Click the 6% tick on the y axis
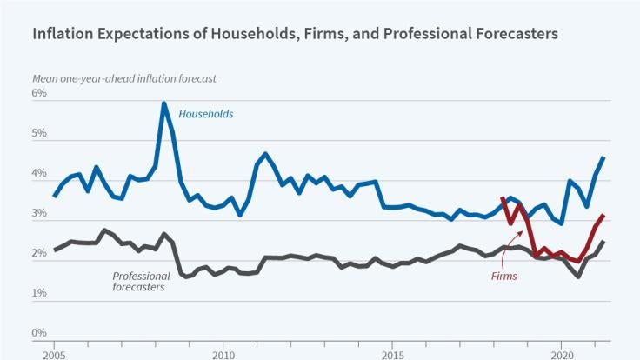click(39, 93)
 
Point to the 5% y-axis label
click(39, 133)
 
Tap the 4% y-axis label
click(39, 173)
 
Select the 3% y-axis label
click(39, 213)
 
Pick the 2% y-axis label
click(39, 253)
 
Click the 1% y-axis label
click(39, 293)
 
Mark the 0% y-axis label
click(39, 333)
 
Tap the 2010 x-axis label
click(223, 354)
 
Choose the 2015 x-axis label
click(392, 354)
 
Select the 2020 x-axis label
click(563, 354)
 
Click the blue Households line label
click(206, 114)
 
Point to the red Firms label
click(502, 276)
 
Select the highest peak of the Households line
click(163, 104)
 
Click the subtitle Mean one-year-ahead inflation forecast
click(123, 78)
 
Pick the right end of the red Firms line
click(603, 215)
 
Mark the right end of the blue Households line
click(603, 157)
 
